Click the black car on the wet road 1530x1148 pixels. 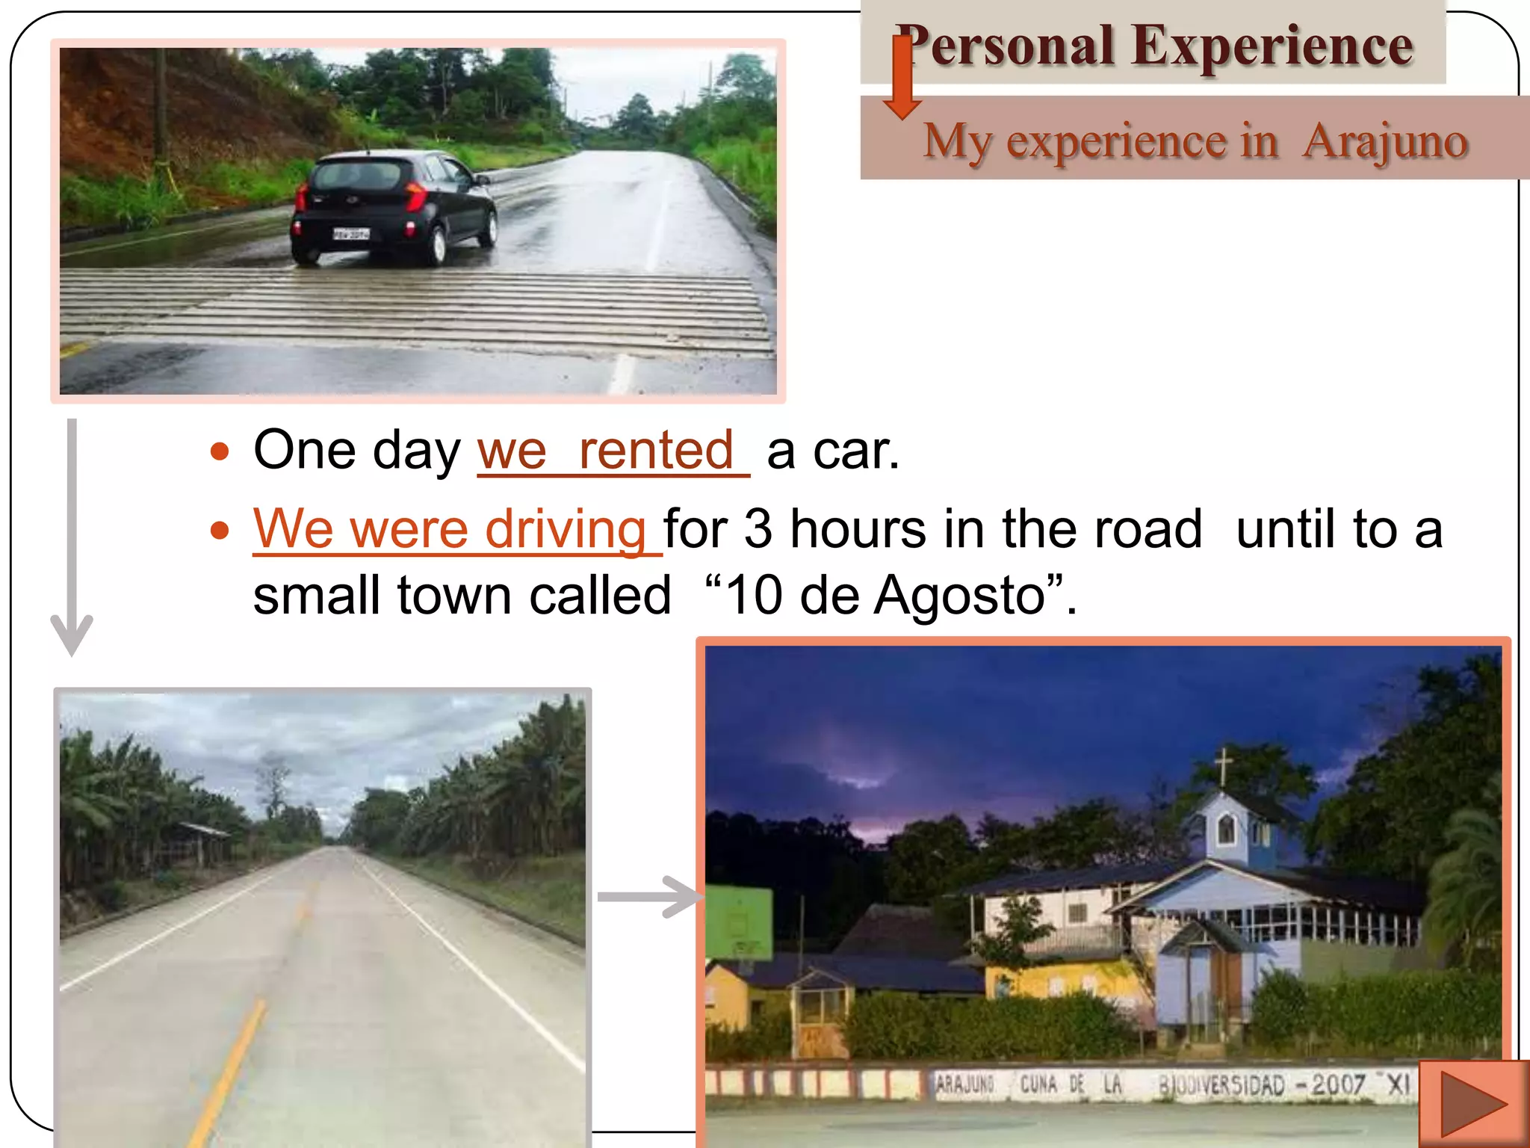(x=394, y=207)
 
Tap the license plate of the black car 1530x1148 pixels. (x=350, y=234)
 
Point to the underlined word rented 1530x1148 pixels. (x=657, y=451)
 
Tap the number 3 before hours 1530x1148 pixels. (x=758, y=529)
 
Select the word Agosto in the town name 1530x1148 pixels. (x=959, y=596)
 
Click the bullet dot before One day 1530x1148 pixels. (x=220, y=451)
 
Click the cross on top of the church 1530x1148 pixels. (x=1224, y=765)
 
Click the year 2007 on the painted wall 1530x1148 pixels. (x=1338, y=1084)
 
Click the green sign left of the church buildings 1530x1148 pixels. (x=739, y=922)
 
